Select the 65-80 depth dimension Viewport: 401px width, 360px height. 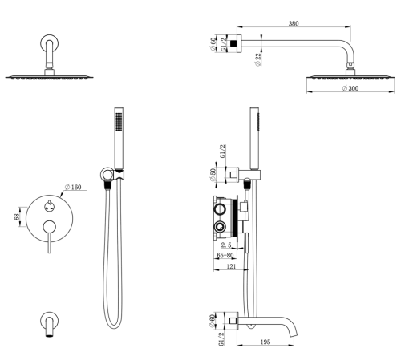coord(225,256)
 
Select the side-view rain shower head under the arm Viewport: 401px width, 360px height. coord(350,76)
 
